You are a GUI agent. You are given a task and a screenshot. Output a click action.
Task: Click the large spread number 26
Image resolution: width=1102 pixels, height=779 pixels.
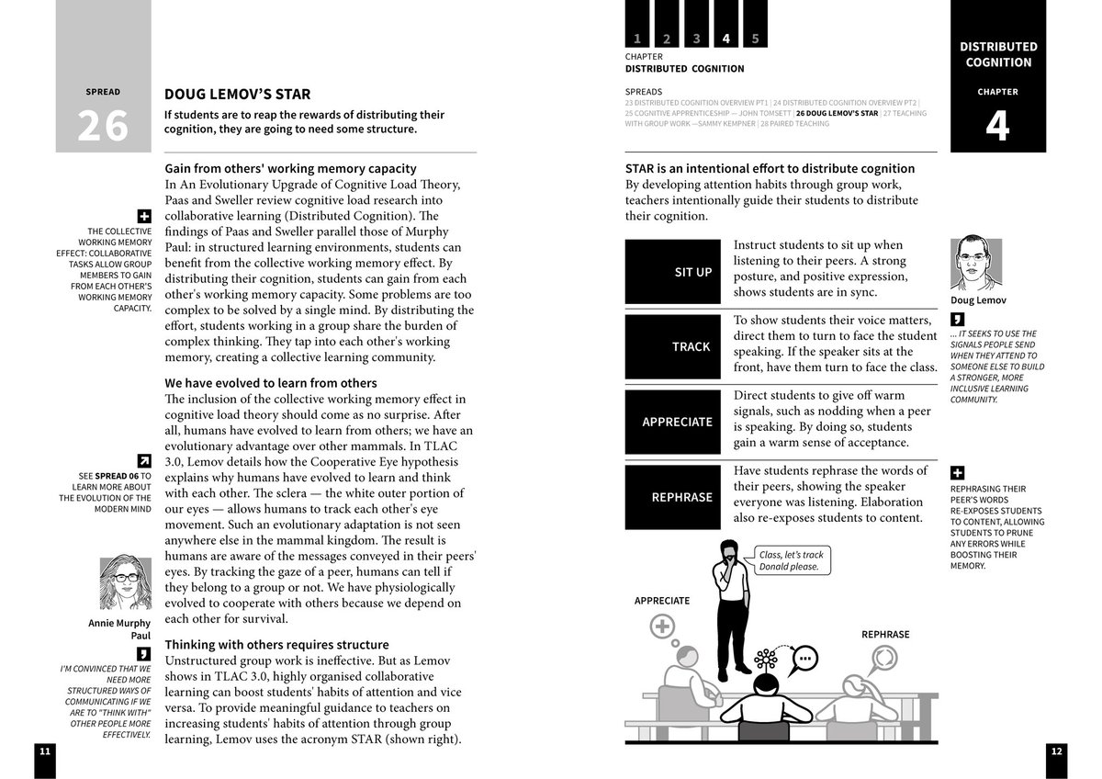[103, 126]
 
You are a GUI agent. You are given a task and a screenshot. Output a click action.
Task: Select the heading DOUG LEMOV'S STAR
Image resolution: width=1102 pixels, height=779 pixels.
[237, 94]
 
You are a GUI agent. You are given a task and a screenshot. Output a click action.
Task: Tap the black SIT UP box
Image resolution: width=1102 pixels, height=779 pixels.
[673, 272]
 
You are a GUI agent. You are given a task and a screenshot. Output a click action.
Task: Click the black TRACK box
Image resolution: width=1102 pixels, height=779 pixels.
[673, 346]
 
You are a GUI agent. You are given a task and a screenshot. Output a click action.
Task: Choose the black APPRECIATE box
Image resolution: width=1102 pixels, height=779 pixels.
[673, 422]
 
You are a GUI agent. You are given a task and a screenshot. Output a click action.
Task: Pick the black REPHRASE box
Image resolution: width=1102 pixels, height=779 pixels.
[673, 497]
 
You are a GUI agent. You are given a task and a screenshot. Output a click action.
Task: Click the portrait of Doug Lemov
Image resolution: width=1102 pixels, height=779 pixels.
[975, 265]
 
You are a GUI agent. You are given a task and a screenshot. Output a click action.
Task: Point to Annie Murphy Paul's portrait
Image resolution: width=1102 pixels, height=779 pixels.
[125, 581]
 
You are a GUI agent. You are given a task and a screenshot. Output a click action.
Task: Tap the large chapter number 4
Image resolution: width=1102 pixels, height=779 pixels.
[997, 127]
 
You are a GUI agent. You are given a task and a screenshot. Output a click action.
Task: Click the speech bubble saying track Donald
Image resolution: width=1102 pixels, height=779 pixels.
[792, 560]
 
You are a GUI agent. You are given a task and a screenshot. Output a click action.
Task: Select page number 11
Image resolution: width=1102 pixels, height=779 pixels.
[44, 751]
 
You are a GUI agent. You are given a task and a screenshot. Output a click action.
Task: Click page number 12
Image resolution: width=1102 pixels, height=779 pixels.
[1057, 751]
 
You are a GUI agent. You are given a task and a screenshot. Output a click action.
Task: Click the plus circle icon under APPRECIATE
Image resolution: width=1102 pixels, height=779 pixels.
[662, 627]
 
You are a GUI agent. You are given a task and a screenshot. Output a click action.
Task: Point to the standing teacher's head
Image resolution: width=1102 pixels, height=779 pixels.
[729, 551]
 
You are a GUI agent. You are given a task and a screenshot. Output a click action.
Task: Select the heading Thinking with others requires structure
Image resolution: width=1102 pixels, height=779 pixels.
[276, 645]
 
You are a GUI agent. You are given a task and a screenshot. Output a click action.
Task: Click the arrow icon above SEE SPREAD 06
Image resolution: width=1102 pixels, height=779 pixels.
[144, 460]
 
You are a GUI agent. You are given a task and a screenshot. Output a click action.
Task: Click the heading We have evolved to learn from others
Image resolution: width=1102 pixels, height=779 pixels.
[271, 382]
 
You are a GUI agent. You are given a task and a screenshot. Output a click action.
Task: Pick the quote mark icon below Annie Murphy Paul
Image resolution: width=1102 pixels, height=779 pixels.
[144, 654]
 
